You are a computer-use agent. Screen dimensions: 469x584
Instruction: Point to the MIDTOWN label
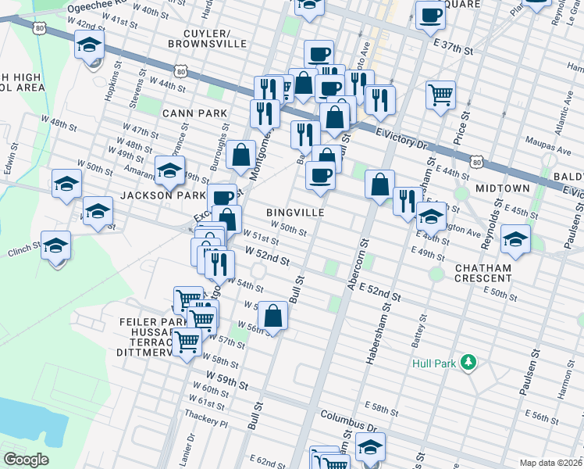click(x=500, y=188)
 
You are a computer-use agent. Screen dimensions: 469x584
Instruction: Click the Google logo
click(x=26, y=460)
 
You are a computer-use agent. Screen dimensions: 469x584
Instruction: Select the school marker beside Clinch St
click(x=56, y=247)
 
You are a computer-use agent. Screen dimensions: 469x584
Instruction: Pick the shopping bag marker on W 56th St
click(x=273, y=316)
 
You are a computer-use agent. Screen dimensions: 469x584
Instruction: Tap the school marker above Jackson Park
click(x=169, y=169)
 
